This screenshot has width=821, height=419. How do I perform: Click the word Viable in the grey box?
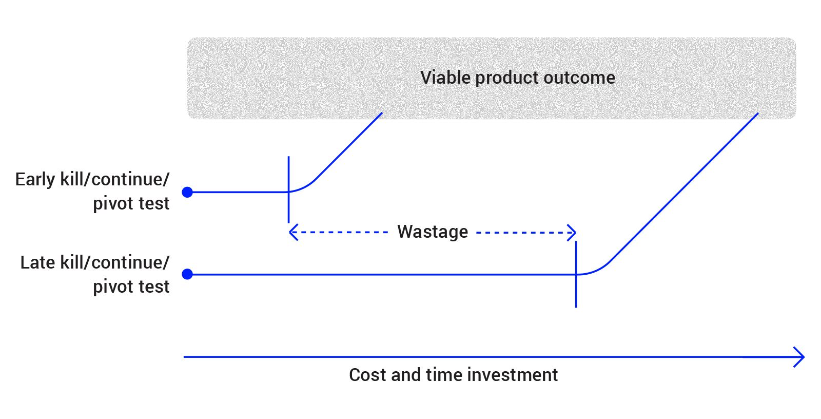coord(445,78)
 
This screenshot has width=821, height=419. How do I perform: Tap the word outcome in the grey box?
coord(579,78)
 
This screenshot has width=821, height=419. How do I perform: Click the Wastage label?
coord(433,232)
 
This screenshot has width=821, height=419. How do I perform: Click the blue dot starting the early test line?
coord(187,192)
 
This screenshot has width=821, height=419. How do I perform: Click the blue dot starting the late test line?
coord(187,274)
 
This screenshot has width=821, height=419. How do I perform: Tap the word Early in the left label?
coord(35,180)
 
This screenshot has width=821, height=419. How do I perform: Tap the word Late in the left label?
coord(37,263)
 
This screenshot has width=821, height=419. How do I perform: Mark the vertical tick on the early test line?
coord(289,189)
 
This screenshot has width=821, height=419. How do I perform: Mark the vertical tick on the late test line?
coord(576,274)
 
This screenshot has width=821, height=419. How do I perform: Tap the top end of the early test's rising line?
coord(382,113)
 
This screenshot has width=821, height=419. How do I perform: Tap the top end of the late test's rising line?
coord(757,114)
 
